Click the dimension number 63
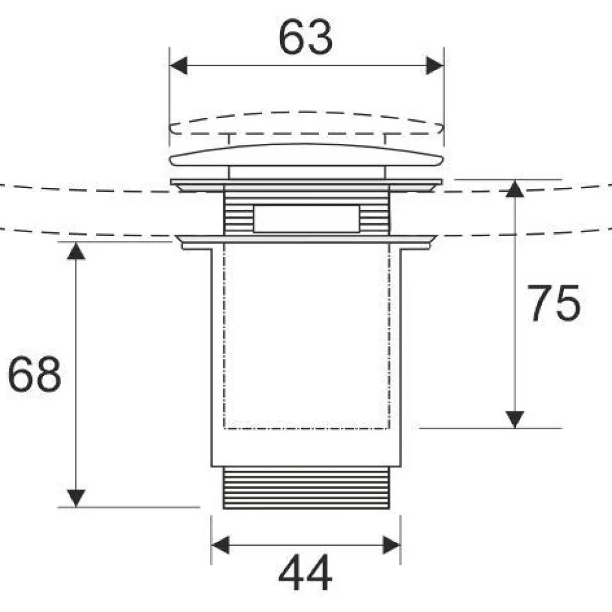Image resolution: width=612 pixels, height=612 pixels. (x=305, y=37)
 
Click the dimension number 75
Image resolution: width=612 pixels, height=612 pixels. (x=554, y=303)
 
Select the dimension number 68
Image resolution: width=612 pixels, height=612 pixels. (x=34, y=374)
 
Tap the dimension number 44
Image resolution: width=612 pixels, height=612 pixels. (x=305, y=573)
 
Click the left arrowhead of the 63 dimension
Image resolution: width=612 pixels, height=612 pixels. (x=178, y=66)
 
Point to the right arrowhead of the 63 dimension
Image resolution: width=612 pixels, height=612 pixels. (x=435, y=66)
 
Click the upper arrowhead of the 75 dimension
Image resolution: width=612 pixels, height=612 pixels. (x=515, y=189)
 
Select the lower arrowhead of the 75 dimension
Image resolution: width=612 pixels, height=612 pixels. (x=515, y=420)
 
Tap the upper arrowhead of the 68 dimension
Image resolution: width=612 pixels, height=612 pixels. (x=76, y=251)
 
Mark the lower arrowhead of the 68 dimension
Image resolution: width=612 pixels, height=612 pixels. (x=76, y=498)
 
